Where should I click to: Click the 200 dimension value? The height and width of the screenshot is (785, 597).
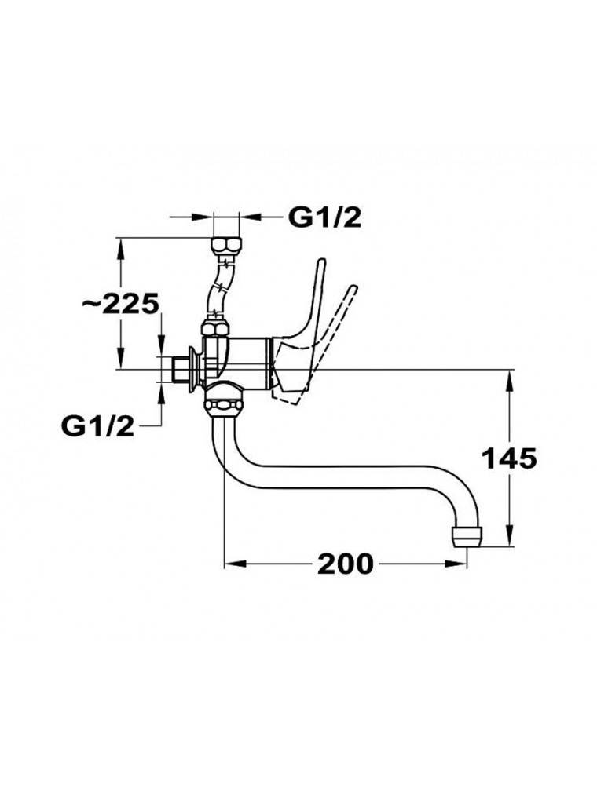click(x=346, y=564)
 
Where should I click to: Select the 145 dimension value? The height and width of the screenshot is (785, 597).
click(x=509, y=458)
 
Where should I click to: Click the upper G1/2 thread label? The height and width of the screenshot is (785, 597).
click(x=325, y=217)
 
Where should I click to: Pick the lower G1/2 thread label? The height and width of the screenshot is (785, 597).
click(x=97, y=425)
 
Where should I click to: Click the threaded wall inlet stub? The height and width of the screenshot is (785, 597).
click(x=178, y=371)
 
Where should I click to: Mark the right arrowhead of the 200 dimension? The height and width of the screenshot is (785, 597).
click(x=456, y=564)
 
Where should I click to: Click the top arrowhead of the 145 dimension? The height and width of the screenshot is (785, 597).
click(x=509, y=381)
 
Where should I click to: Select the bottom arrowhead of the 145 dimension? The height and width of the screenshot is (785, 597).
click(x=509, y=534)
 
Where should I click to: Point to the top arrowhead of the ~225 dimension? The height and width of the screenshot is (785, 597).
click(x=120, y=248)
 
